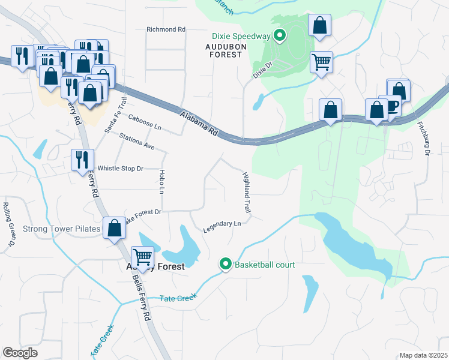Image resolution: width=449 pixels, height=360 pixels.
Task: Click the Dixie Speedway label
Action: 240,36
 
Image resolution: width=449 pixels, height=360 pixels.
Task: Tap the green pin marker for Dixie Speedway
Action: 280,36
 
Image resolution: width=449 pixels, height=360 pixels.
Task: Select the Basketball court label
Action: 264,264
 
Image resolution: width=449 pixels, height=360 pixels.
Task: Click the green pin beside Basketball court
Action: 226,264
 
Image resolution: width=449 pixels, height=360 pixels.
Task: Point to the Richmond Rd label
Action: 166,29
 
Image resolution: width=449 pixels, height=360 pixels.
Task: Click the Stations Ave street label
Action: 137,142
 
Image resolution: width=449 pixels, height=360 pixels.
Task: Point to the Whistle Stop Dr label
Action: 121,169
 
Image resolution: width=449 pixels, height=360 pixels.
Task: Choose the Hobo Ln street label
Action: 161,182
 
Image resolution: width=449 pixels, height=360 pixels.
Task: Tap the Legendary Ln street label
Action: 221,224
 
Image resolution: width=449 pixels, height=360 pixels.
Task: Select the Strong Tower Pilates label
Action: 61,229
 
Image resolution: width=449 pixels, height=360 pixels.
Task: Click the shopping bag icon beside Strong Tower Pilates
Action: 114,228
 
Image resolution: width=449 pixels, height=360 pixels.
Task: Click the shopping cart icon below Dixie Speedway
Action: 322,61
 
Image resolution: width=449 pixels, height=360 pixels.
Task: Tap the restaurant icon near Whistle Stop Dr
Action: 82,160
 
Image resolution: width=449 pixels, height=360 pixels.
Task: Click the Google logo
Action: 20,353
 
